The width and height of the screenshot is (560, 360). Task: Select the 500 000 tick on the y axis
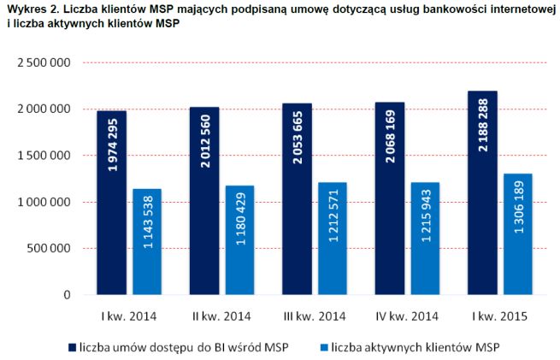(x=47, y=249)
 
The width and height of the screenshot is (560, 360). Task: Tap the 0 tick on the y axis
(x=66, y=295)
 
